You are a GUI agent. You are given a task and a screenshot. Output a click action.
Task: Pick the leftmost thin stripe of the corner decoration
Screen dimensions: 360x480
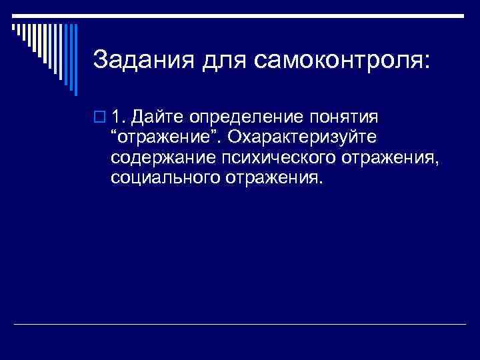[13, 26]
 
